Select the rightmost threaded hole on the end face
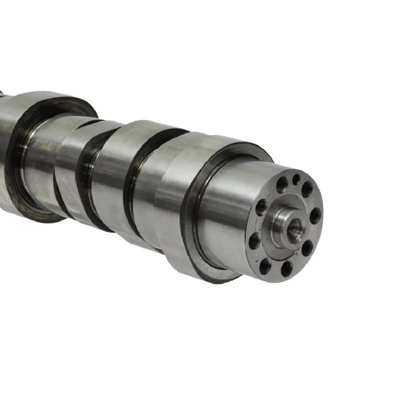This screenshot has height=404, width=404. tap(315, 216)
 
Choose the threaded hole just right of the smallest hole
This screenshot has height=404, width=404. tap(308, 189)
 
